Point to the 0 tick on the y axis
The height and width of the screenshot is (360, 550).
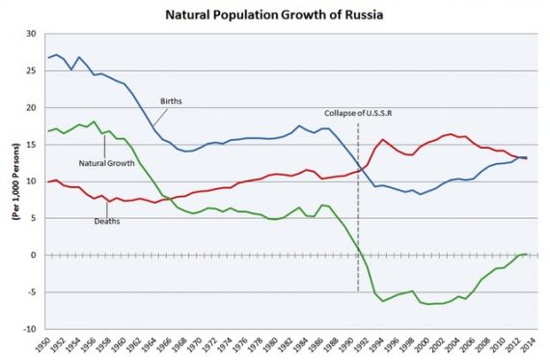(33, 255)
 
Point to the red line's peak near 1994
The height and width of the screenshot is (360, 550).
(383, 140)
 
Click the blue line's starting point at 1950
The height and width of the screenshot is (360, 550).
(47, 58)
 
